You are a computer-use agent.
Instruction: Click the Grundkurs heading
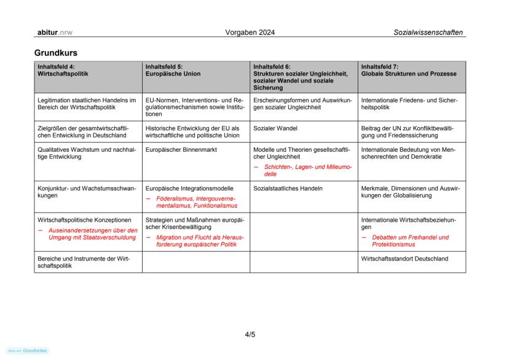(55, 53)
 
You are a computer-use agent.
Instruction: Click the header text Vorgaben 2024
(250, 32)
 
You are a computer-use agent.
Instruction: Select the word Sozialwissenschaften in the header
(428, 32)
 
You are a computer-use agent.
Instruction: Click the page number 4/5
(250, 335)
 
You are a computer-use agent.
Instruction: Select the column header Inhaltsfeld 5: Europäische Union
(173, 70)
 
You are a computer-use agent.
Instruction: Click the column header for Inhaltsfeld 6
(300, 76)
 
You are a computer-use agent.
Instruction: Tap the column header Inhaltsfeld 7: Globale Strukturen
(409, 70)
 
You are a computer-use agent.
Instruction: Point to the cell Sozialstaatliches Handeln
(288, 188)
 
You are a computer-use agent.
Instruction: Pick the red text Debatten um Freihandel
(409, 240)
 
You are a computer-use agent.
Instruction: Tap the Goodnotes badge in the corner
(28, 351)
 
